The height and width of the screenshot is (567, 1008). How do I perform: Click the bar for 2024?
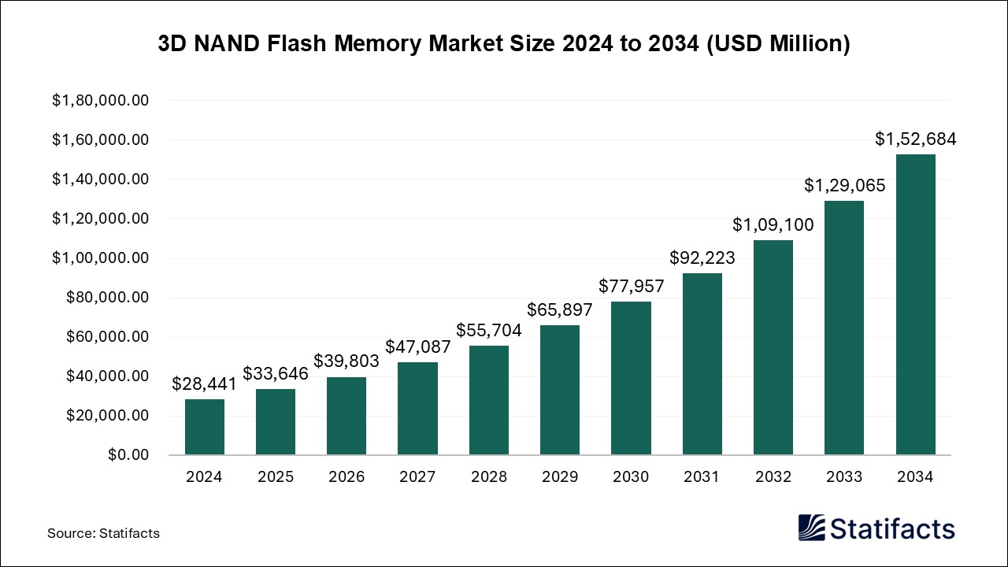[205, 427]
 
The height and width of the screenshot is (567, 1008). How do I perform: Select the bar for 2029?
[560, 390]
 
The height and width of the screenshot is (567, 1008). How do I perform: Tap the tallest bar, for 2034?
[916, 305]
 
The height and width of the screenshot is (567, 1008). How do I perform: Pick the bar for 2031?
[702, 364]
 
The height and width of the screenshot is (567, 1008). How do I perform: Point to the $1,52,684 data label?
[916, 139]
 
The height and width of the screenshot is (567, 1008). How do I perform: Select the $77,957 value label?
[632, 286]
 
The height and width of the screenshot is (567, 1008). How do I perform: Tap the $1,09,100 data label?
[773, 224]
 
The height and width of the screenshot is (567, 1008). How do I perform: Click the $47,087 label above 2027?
[418, 346]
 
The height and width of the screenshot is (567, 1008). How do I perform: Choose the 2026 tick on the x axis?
[346, 477]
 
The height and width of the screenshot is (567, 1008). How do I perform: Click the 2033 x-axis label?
[844, 477]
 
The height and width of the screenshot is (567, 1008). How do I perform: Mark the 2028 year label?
[489, 477]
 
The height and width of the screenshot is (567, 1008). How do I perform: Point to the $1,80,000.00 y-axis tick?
[101, 101]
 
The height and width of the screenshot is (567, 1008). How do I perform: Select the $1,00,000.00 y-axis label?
[101, 258]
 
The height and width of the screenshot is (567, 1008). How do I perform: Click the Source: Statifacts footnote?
[103, 533]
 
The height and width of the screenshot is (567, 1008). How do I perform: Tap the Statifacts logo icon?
[811, 528]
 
